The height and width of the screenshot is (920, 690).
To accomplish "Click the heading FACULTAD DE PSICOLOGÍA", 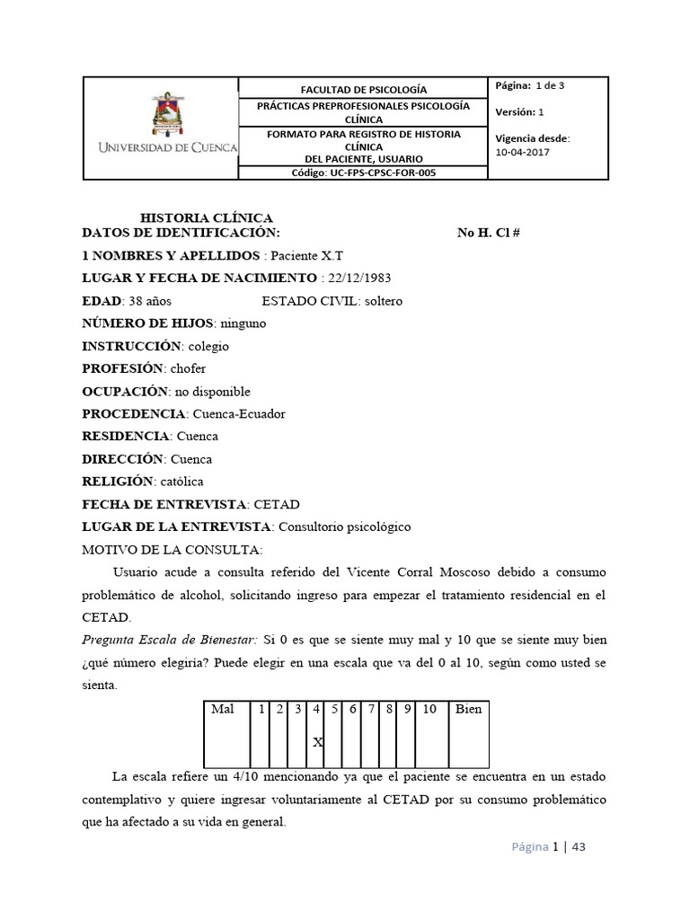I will point(363,90).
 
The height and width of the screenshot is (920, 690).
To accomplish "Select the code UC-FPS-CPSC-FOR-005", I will point(364,172).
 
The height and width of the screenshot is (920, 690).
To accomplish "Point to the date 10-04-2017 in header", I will point(524,152).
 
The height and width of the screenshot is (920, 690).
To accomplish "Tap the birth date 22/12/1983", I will point(359,278).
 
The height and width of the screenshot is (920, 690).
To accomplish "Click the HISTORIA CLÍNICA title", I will point(207,217).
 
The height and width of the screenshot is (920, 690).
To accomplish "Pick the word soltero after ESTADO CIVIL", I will point(384,301).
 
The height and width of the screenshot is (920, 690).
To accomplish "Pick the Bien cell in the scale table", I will point(468,710).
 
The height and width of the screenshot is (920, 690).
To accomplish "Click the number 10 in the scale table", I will point(429,710).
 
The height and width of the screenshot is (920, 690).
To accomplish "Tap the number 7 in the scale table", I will point(370,710).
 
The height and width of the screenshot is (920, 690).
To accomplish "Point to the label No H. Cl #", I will point(489,233).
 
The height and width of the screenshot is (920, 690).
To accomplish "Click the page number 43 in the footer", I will point(579,847).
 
